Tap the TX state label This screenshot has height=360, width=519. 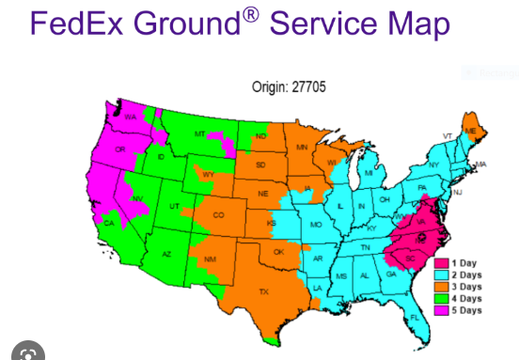click(263, 291)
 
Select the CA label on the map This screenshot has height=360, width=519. click(109, 222)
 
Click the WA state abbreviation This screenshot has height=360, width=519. click(131, 117)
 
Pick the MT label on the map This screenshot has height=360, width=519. click(198, 135)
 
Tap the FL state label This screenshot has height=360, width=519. click(415, 318)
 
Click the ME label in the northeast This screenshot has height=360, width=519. click(470, 131)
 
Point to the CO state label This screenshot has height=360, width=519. click(219, 215)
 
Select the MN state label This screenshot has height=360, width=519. click(302, 149)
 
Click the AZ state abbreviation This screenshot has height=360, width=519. click(165, 255)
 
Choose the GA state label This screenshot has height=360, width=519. click(390, 274)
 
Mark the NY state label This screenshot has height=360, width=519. click(433, 165)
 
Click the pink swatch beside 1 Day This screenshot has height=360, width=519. click(441, 262)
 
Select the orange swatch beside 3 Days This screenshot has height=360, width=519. click(441, 286)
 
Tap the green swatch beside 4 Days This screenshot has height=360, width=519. click(441, 298)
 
